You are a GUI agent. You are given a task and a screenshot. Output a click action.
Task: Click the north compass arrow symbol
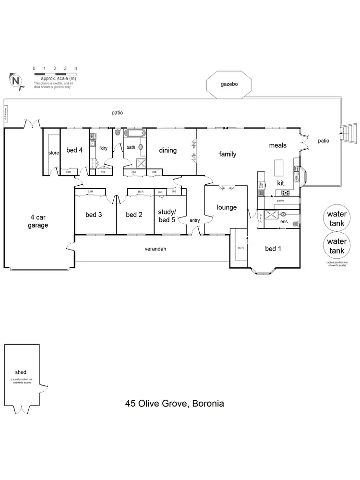coord(15,80)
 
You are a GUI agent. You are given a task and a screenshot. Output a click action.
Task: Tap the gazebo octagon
coord(229,84)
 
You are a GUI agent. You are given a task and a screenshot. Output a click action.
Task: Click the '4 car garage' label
coord(38,221)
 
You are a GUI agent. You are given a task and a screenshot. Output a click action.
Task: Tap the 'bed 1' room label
coord(274,249)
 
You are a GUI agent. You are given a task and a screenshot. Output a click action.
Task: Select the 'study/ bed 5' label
coord(167,216)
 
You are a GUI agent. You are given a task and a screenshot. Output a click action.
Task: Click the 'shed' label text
coord(21,372)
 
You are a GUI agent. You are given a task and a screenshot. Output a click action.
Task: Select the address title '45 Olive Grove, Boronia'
coord(175,403)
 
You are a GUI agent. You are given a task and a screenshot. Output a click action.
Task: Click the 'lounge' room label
coord(227,207)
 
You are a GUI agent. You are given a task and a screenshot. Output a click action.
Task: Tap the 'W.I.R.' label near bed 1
coord(241,248)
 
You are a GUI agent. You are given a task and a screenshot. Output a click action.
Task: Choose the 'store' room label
coord(53,153)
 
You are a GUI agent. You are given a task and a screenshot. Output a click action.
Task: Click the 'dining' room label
coord(168,150)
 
